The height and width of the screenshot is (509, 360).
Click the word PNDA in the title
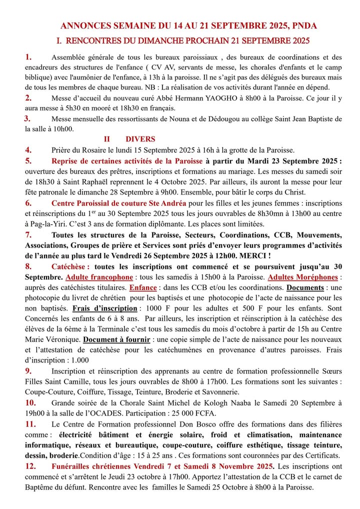tap(304, 25)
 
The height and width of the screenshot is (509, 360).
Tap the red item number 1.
tap(28, 57)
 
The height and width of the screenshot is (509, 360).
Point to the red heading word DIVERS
tap(140, 139)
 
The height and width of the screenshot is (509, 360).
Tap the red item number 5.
tap(28, 161)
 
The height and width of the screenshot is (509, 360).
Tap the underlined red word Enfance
tap(142, 287)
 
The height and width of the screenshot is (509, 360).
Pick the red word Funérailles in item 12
tap(76, 466)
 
